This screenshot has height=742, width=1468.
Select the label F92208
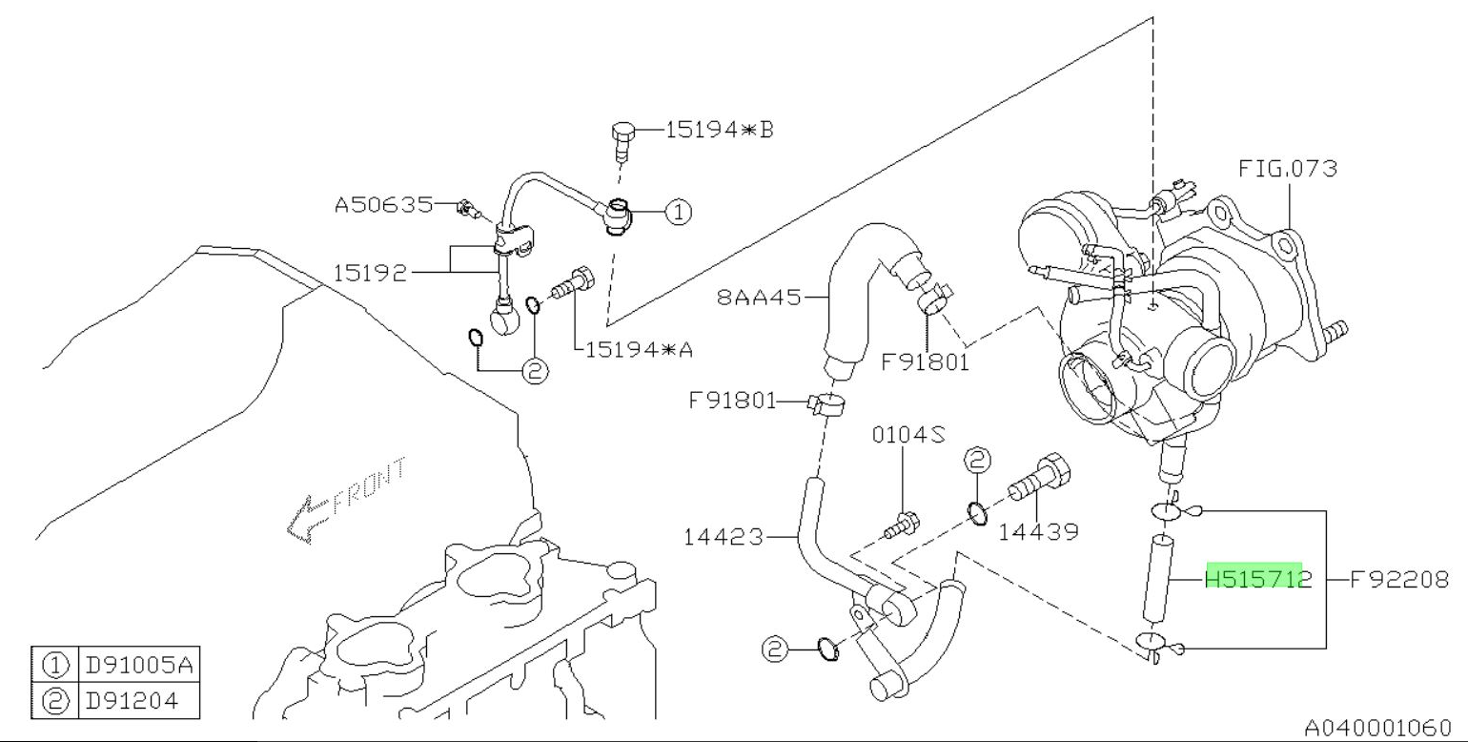(x=1402, y=578)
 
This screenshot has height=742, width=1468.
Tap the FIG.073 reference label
(x=1288, y=169)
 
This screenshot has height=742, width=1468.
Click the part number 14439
(x=1038, y=532)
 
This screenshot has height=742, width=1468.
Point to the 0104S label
(x=908, y=435)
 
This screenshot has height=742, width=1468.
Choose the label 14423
(x=724, y=537)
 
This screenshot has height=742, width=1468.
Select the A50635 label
(x=382, y=204)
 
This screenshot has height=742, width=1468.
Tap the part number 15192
(x=369, y=274)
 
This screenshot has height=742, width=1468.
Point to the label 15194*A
(x=638, y=349)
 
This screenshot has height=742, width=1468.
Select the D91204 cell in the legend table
(x=133, y=701)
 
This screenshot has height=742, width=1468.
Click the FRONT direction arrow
(x=303, y=521)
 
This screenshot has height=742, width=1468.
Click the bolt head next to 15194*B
(x=620, y=134)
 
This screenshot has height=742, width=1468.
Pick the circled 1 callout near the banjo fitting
(x=677, y=212)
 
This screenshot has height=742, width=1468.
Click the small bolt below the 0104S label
(x=903, y=522)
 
